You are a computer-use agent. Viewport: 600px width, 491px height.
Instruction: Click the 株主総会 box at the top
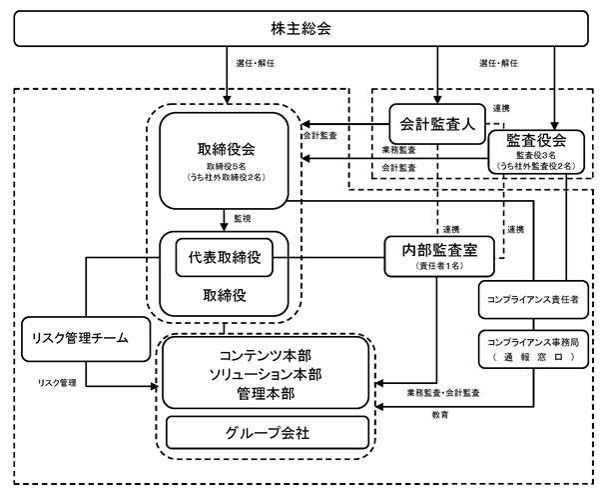click(300, 29)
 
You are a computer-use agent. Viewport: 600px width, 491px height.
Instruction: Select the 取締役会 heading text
click(227, 149)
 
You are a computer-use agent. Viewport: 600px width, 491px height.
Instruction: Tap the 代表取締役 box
click(225, 257)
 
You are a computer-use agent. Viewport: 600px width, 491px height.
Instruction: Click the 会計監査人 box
click(437, 124)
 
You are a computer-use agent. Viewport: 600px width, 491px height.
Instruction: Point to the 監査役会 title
click(536, 140)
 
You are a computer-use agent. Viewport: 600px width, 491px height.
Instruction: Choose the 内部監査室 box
click(439, 256)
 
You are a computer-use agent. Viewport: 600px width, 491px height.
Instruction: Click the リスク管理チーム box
click(86, 339)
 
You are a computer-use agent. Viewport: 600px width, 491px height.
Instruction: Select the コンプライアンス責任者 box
click(533, 300)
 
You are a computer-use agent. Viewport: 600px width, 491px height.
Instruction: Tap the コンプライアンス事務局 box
click(533, 349)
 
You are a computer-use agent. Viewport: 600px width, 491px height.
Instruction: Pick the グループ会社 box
click(268, 433)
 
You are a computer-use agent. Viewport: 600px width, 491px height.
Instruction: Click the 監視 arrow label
click(243, 218)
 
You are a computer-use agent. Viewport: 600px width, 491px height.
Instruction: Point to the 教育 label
click(440, 415)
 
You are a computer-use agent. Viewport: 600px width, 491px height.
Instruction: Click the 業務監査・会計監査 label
click(443, 393)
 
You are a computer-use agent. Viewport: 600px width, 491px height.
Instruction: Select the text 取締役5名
click(227, 166)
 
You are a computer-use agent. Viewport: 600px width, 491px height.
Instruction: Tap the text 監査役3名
click(536, 155)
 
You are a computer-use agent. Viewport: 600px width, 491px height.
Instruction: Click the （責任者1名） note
click(439, 266)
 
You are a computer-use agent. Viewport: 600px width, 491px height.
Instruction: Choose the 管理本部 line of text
click(266, 394)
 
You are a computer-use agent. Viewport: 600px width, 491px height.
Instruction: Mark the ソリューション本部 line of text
click(266, 374)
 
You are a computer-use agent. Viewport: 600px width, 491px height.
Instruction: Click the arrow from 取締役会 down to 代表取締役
click(225, 220)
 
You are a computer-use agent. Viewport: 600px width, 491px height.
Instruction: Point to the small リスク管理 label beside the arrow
click(57, 383)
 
